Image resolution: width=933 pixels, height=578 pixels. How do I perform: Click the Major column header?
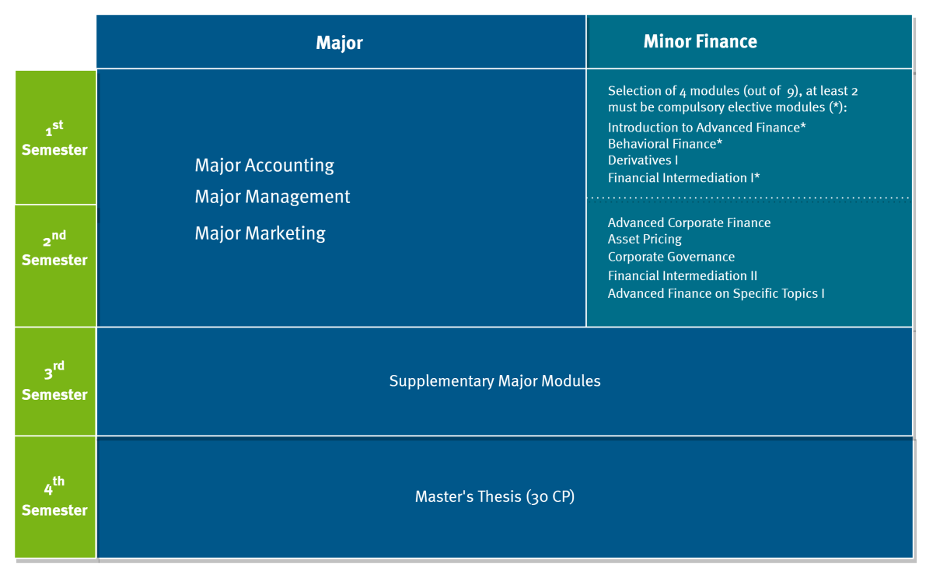click(339, 43)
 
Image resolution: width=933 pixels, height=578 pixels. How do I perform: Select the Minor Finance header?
click(701, 41)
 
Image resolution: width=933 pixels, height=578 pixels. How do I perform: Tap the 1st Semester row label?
click(54, 138)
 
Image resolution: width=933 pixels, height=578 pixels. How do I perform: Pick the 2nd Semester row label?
click(54, 248)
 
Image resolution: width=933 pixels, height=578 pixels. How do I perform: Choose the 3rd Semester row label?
click(54, 381)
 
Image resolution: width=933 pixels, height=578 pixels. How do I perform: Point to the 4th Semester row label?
click(54, 497)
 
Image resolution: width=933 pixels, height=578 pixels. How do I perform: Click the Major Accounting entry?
click(264, 166)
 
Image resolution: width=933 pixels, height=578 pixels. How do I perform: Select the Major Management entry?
click(272, 197)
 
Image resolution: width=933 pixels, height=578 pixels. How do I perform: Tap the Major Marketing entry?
click(260, 233)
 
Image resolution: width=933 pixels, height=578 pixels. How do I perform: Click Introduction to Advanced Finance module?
click(707, 128)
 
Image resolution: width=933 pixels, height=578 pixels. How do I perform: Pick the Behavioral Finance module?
click(665, 144)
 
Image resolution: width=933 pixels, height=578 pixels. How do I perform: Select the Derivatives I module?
click(643, 160)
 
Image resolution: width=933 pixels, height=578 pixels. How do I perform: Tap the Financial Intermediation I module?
click(683, 178)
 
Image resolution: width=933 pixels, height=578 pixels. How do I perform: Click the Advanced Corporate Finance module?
click(689, 222)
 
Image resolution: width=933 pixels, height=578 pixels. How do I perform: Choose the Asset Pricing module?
click(645, 239)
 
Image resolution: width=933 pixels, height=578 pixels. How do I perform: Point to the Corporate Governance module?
click(671, 257)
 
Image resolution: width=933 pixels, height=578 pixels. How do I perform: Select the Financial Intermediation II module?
click(683, 275)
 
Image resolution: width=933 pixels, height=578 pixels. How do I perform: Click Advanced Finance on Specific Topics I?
click(716, 293)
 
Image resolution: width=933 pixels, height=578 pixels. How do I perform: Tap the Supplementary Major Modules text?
click(494, 381)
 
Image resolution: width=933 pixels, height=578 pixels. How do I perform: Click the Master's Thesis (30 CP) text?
click(494, 496)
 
